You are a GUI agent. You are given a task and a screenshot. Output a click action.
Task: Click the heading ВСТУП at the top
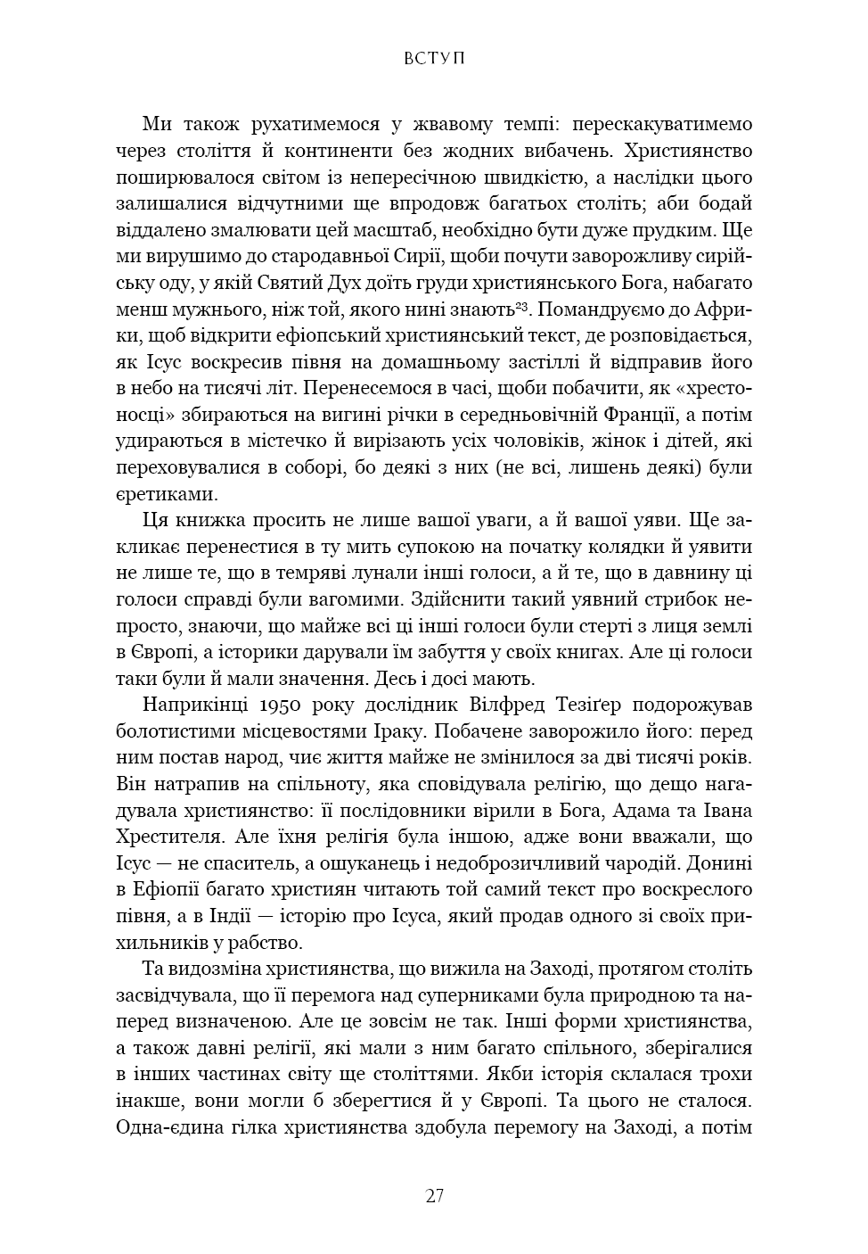(x=434, y=59)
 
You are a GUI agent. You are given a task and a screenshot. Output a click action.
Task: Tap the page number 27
(x=434, y=1196)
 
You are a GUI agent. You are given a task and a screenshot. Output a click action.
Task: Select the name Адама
(x=673, y=811)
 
